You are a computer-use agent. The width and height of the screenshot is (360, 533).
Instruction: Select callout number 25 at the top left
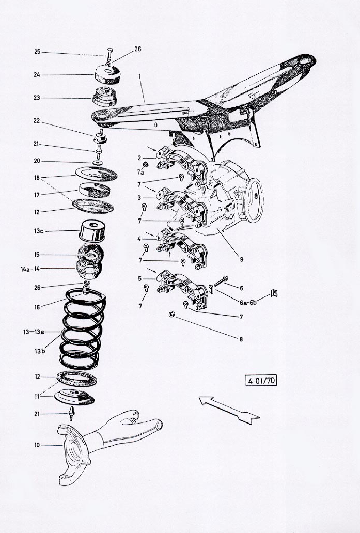pos(37,52)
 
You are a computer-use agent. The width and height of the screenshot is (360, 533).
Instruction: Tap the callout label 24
pos(37,75)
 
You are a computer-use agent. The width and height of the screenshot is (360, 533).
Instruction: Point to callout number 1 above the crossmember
pos(139,76)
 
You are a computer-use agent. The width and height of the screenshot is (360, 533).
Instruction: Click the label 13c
pos(38,231)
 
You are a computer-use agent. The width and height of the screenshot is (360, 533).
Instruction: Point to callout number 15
pos(37,254)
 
